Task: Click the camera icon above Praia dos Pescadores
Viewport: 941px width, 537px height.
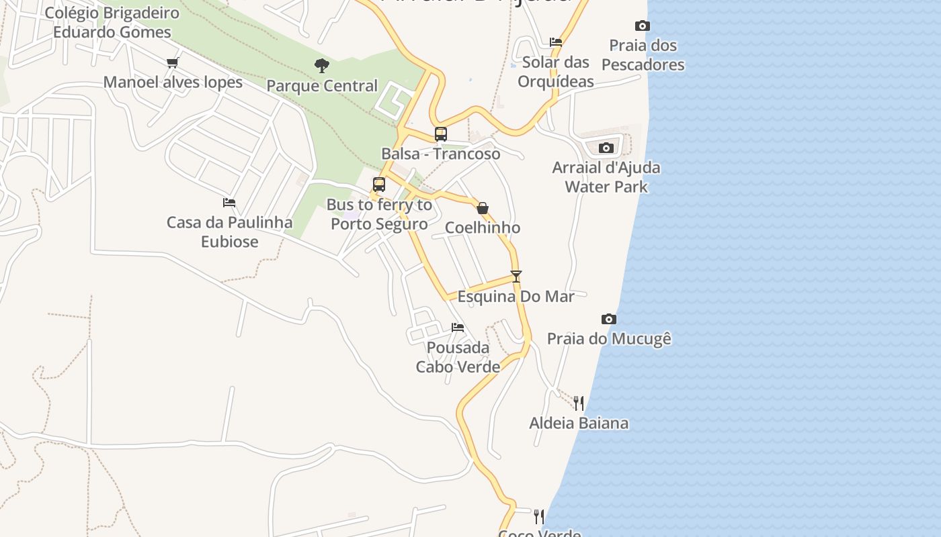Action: click(643, 26)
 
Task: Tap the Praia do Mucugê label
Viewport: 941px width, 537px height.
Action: click(609, 339)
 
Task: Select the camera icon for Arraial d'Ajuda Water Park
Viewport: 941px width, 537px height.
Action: click(606, 148)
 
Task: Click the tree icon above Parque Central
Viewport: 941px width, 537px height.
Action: click(322, 66)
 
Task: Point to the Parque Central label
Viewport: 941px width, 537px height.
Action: click(322, 86)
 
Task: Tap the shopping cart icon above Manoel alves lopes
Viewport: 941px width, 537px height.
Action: click(173, 62)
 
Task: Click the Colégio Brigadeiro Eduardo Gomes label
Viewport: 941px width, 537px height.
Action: click(112, 22)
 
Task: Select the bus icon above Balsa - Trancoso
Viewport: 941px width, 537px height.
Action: click(440, 134)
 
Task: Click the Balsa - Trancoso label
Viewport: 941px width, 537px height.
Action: click(440, 154)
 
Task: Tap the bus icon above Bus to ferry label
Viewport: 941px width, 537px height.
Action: click(379, 185)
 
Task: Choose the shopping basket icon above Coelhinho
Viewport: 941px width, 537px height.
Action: click(482, 208)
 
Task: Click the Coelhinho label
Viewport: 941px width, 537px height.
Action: click(482, 228)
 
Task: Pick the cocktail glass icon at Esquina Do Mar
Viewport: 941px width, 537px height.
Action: click(516, 276)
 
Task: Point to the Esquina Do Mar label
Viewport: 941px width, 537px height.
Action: click(516, 296)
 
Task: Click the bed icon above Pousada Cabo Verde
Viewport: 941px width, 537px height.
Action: click(458, 328)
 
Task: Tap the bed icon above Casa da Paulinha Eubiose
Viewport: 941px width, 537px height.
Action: click(229, 202)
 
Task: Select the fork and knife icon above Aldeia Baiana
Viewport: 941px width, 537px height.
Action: click(578, 403)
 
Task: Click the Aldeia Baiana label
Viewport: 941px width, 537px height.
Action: click(578, 423)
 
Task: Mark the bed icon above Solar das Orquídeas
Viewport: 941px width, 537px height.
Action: click(556, 42)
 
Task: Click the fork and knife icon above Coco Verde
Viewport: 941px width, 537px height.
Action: click(538, 516)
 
